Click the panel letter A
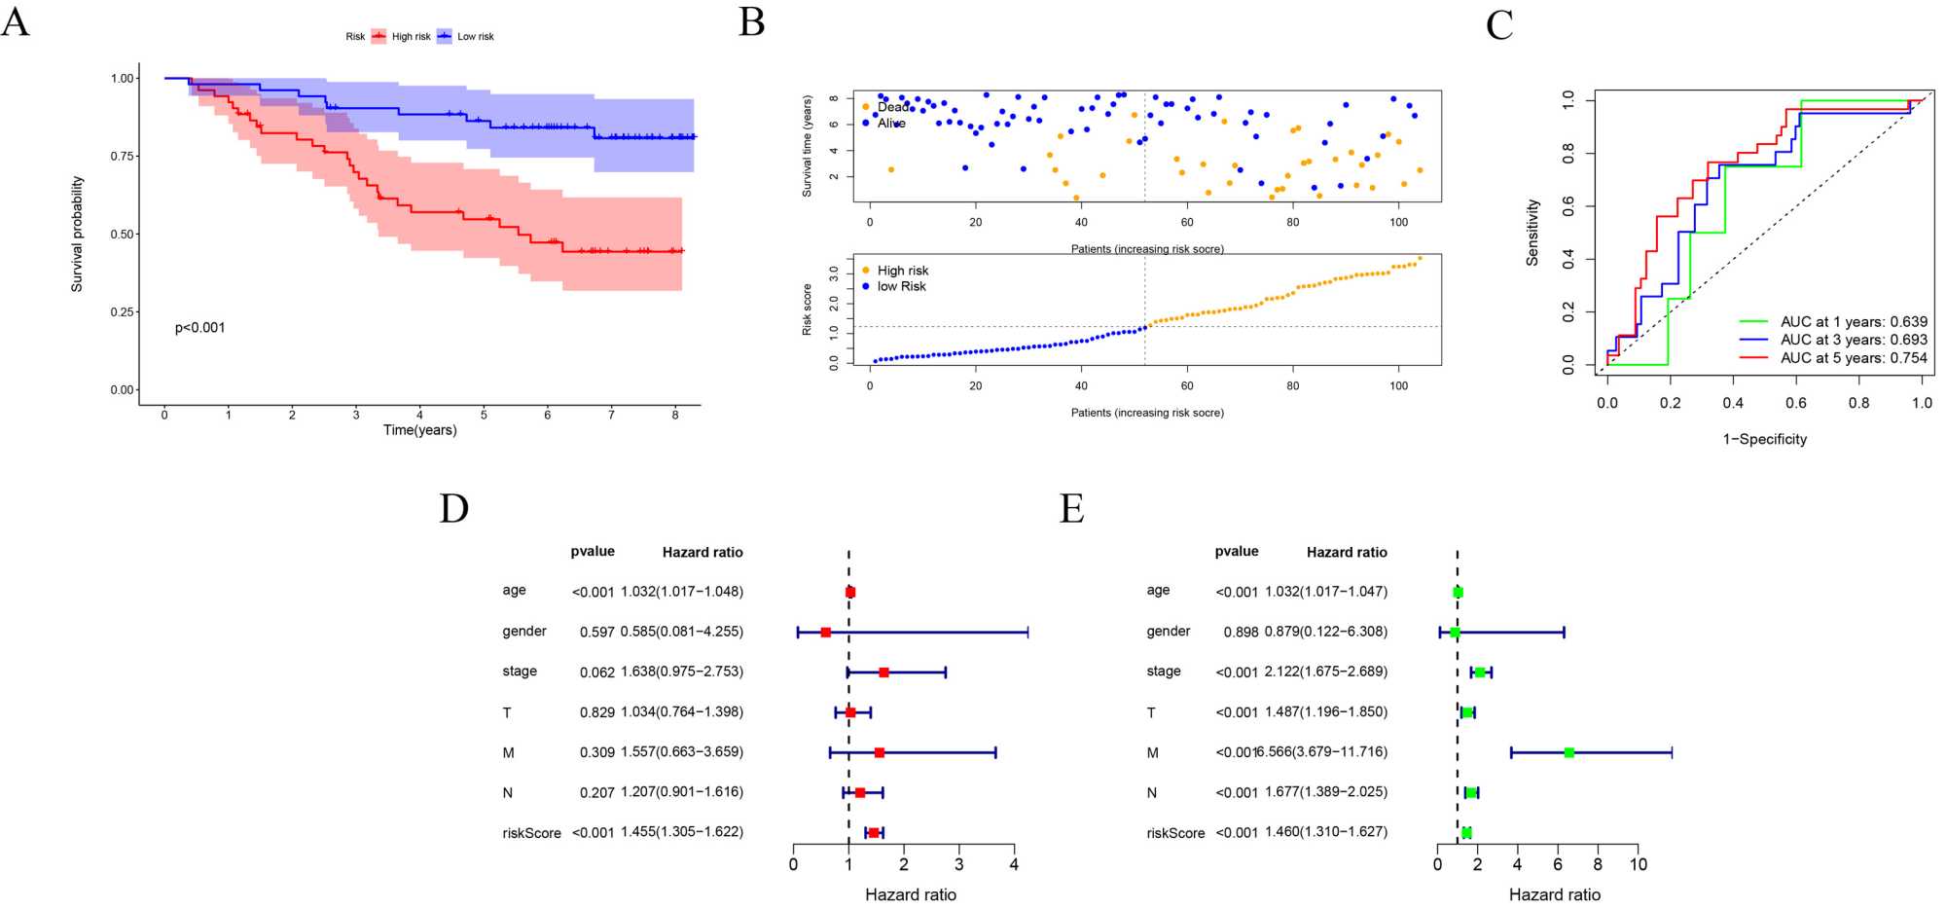pyautogui.click(x=16, y=21)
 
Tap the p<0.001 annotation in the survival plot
pyautogui.click(x=199, y=328)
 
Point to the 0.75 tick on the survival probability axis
pyautogui.click(x=123, y=156)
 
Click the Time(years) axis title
pyautogui.click(x=419, y=430)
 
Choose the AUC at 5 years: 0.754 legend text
pyautogui.click(x=1854, y=358)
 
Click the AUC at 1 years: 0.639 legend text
pyautogui.click(x=1854, y=322)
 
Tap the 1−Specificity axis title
pyautogui.click(x=1764, y=439)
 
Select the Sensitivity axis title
pyautogui.click(x=1533, y=233)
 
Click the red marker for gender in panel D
pyautogui.click(x=826, y=633)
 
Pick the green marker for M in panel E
pyautogui.click(x=1568, y=752)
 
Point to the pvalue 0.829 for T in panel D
pyautogui.click(x=596, y=712)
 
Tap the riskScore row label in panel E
pyautogui.click(x=1175, y=833)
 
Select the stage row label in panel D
pyautogui.click(x=520, y=672)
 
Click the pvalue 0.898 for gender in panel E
pyautogui.click(x=1241, y=632)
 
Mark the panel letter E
pyautogui.click(x=1071, y=508)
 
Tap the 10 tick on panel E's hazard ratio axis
pyautogui.click(x=1639, y=864)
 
